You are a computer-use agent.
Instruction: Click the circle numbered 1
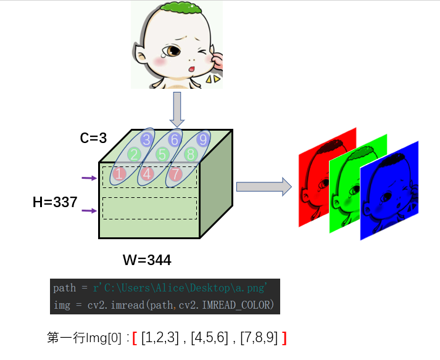coord(119,174)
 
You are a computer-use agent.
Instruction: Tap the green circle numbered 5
coord(163,154)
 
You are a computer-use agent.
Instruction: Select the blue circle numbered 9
coord(204,139)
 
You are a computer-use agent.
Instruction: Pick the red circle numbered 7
coord(175,174)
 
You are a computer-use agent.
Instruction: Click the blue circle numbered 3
coord(146,139)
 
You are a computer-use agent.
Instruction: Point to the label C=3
coord(93,137)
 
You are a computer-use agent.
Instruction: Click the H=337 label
coord(55,202)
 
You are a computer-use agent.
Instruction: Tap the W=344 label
coord(147,260)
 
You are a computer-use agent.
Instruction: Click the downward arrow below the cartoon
coord(177,108)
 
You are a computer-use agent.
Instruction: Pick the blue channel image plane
coord(396,191)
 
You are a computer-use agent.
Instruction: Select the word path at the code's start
coord(64,288)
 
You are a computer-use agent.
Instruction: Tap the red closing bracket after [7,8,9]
coord(284,338)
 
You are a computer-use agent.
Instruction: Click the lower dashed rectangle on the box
coord(149,208)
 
